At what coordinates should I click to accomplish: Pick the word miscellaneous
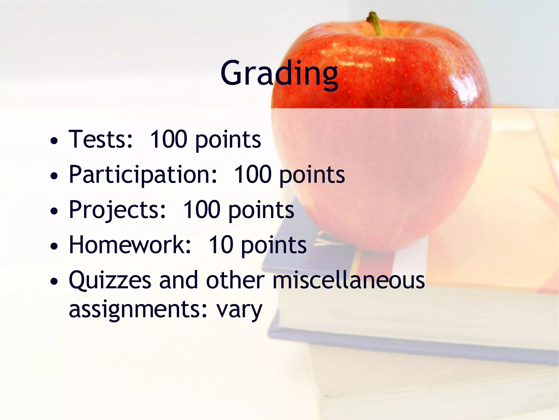348,280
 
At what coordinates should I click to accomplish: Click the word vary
239,310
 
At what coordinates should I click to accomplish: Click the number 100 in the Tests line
168,139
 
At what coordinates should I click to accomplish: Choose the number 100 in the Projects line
201,210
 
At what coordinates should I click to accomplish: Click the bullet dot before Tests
54,141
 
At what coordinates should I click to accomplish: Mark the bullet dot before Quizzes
54,282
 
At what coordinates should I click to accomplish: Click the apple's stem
375,23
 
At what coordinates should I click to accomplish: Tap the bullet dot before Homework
54,246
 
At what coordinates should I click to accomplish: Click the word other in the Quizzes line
235,280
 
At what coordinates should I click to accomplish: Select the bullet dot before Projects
54,211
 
